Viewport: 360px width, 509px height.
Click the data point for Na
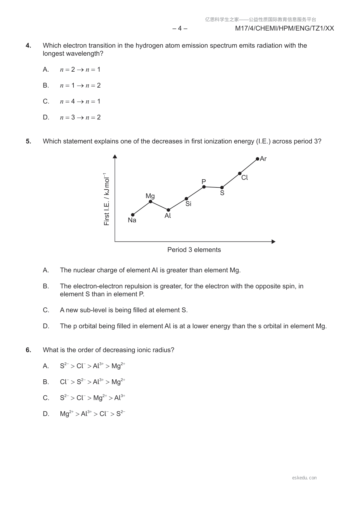click(133, 215)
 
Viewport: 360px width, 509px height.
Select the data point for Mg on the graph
click(151, 202)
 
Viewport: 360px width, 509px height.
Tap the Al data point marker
click(168, 210)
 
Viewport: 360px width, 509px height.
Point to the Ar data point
click(258, 159)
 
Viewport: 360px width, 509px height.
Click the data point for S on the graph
click(222, 188)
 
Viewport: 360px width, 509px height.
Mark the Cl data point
click(240, 173)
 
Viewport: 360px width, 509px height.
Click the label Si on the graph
click(188, 204)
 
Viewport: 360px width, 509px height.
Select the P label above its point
click(204, 182)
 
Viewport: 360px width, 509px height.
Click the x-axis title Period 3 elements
click(194, 250)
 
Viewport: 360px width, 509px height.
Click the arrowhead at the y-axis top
click(115, 156)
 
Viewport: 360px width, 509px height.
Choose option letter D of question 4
click(46, 117)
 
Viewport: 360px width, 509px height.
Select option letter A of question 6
click(46, 366)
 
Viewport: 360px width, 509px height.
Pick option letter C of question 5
click(46, 310)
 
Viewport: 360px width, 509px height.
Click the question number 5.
click(28, 141)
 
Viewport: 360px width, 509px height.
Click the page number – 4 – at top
click(180, 28)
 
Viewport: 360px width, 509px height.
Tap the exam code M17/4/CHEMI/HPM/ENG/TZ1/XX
click(284, 28)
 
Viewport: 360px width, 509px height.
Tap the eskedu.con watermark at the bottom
click(304, 478)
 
